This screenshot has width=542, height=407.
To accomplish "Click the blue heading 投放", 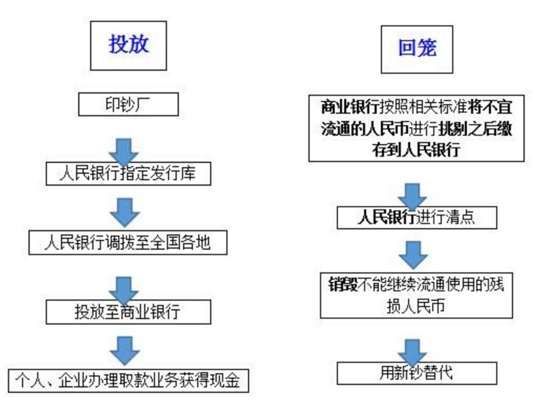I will pos(128,44).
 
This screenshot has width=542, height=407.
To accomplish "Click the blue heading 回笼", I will pos(417,48).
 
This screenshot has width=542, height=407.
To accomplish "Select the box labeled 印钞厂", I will pos(128,104).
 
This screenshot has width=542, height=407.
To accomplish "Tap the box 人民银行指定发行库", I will pos(128,174).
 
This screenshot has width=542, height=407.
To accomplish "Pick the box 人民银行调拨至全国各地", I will pos(128,242).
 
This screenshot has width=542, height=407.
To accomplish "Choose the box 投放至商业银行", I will pos(128,312).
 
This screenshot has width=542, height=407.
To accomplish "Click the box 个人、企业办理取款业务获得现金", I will pos(128,381).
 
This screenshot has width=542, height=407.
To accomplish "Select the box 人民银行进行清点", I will pos(417,217).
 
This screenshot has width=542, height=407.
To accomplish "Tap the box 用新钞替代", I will pos(417,373).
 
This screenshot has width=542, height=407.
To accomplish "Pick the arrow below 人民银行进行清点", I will pos(413,255).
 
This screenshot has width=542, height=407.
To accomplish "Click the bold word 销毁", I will pos(343,284).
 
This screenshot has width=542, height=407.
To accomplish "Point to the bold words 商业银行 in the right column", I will pos(350,107).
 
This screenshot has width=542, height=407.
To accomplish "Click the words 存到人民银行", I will pos(416,150).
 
